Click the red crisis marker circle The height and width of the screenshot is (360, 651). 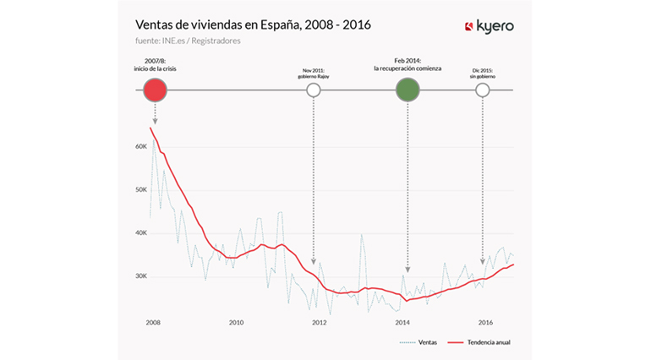154,89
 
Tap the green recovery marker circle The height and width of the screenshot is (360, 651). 408,89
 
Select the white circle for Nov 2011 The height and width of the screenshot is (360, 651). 314,89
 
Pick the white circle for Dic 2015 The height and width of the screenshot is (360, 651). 482,89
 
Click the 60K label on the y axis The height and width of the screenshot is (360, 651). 140,145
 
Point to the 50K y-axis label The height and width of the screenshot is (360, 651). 140,189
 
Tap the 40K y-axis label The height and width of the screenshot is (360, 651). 140,232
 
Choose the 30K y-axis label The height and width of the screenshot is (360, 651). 140,276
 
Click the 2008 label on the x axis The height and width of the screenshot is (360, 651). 153,322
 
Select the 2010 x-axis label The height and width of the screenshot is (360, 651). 236,322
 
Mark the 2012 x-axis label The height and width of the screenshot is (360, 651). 320,322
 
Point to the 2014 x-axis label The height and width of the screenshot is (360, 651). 402,322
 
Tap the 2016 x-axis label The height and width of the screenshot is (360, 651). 486,322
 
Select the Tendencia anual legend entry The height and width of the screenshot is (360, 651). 485,343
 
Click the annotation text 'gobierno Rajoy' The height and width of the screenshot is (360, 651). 314,76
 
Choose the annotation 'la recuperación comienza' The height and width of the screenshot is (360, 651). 408,68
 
